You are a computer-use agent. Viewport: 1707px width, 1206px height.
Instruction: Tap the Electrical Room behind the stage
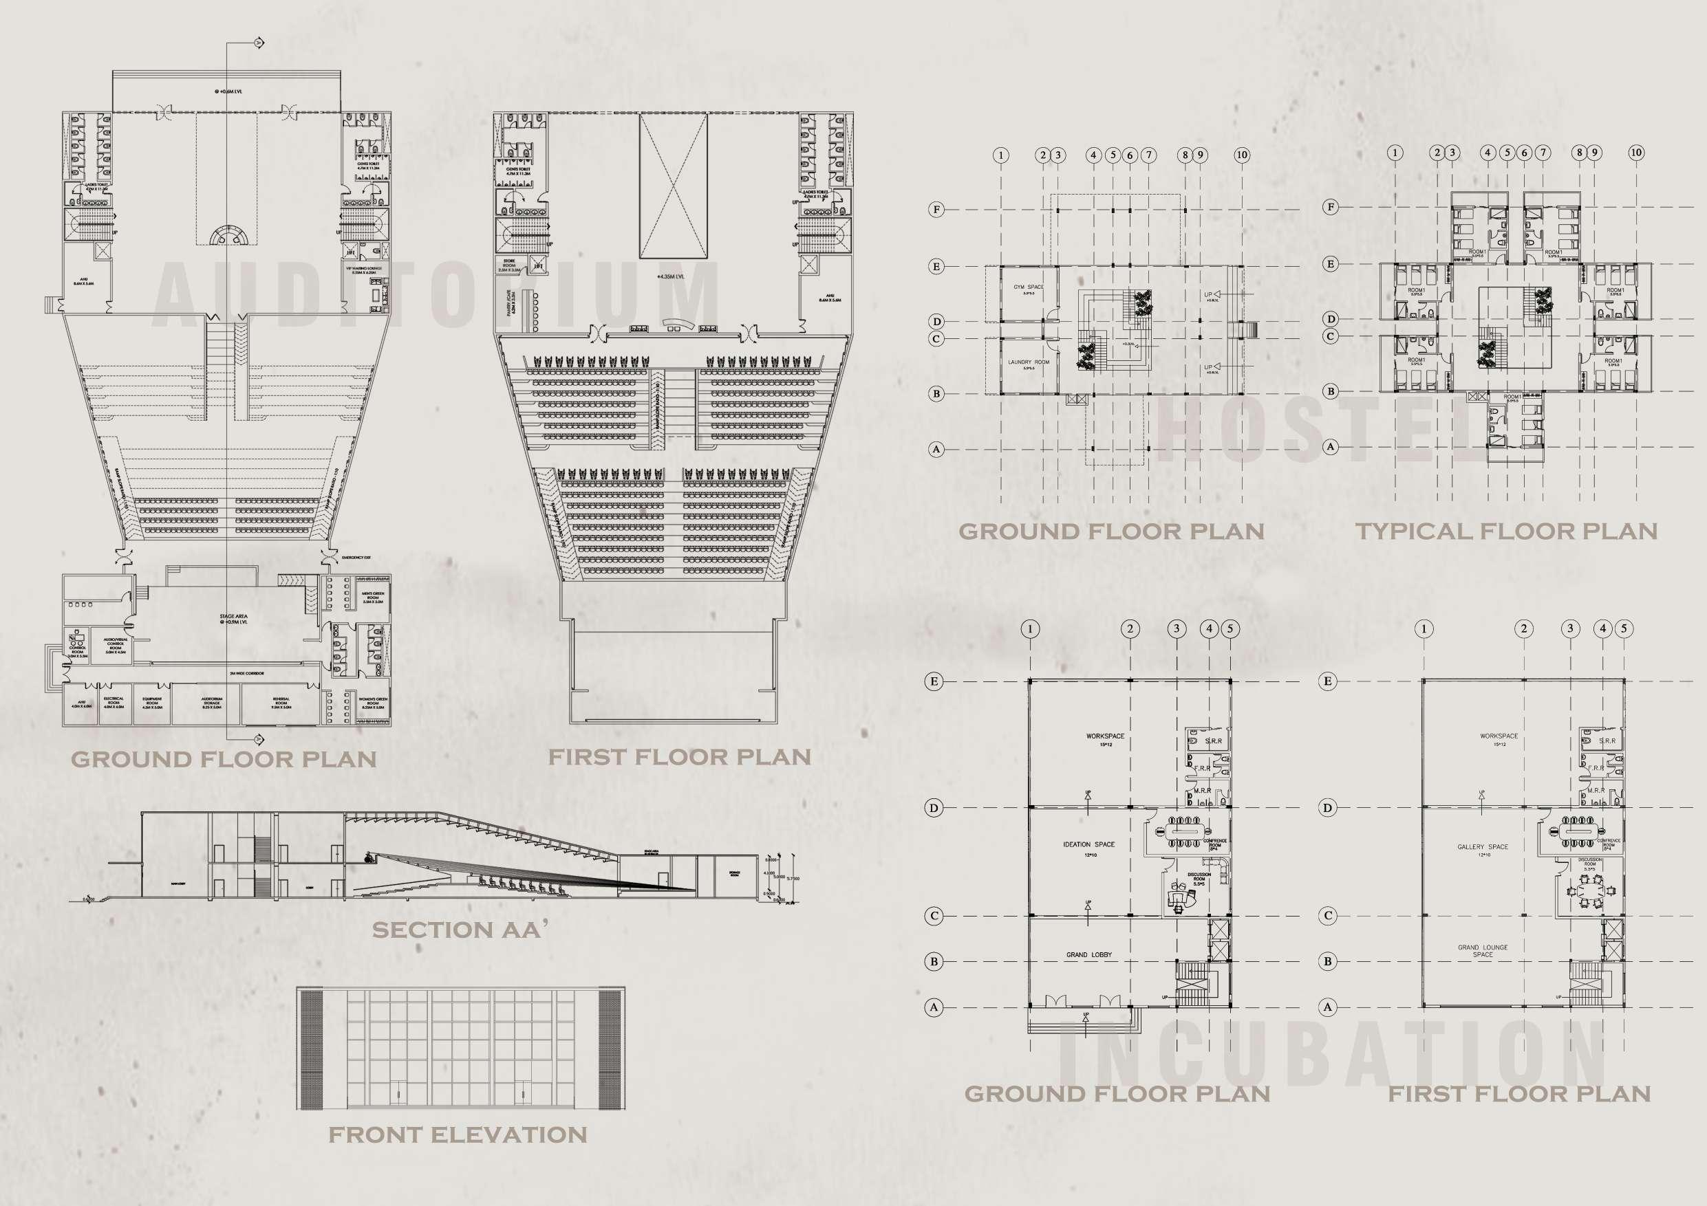click(113, 703)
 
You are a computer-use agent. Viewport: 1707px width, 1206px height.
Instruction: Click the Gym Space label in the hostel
click(1029, 287)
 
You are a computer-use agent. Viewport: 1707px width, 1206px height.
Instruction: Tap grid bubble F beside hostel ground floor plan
click(937, 210)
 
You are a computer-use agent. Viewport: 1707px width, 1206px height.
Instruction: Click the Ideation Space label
click(1088, 845)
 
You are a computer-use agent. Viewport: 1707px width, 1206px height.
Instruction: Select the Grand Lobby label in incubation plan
click(1088, 954)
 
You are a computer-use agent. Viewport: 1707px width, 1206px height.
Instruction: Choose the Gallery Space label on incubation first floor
click(1483, 847)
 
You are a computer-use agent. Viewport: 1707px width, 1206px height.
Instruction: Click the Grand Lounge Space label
click(1483, 951)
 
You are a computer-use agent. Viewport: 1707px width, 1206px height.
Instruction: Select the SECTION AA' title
click(455, 930)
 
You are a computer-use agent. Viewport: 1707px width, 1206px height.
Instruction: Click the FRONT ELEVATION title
click(458, 1134)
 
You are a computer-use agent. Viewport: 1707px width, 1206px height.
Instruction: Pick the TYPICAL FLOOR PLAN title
click(1507, 531)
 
